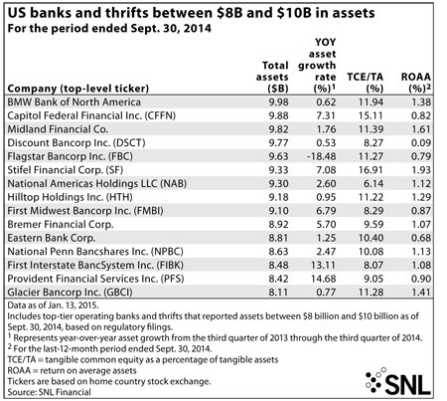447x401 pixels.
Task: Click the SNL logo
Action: pyautogui.click(x=398, y=381)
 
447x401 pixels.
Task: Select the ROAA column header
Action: pyautogui.click(x=416, y=83)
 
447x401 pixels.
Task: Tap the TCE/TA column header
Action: pyautogui.click(x=366, y=83)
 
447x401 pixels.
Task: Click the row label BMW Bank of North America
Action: pyautogui.click(x=74, y=101)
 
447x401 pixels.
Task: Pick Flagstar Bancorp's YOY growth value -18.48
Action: pyautogui.click(x=320, y=156)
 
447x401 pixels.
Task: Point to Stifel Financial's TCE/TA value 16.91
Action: pyautogui.click(x=371, y=170)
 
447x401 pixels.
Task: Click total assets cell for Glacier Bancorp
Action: pyautogui.click(x=278, y=293)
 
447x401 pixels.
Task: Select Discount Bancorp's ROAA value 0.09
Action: pyautogui.click(x=421, y=142)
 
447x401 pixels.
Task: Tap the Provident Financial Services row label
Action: pyautogui.click(x=95, y=279)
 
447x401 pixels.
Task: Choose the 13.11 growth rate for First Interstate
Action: pyautogui.click(x=323, y=265)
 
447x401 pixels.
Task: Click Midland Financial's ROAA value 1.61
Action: pyautogui.click(x=421, y=129)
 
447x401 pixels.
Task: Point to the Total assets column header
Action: pyautogui.click(x=272, y=77)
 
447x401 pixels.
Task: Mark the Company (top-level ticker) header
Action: pyautogui.click(x=78, y=89)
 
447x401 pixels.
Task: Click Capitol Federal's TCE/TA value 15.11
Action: pyautogui.click(x=371, y=115)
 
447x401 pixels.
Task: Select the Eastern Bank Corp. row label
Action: pyautogui.click(x=52, y=238)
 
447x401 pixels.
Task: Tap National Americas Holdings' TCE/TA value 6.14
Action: pyautogui.click(x=373, y=183)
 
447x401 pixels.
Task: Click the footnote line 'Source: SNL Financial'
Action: pyautogui.click(x=49, y=392)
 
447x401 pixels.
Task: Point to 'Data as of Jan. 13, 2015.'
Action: pyautogui.click(x=53, y=305)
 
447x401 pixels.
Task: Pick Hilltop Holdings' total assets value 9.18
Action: pyautogui.click(x=278, y=197)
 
